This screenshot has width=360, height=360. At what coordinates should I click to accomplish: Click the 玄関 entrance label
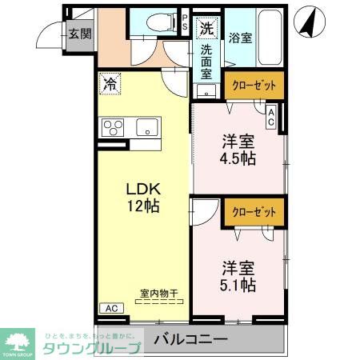(78, 34)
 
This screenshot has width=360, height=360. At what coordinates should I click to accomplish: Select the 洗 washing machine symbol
(207, 28)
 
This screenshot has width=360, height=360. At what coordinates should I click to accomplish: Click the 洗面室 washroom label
(206, 60)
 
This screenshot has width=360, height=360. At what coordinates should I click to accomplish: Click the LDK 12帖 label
(145, 197)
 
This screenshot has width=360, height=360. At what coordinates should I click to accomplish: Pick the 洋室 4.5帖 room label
(238, 150)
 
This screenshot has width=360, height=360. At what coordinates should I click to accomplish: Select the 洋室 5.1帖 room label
(238, 273)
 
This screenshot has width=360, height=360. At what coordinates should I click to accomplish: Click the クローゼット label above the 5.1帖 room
(254, 212)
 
